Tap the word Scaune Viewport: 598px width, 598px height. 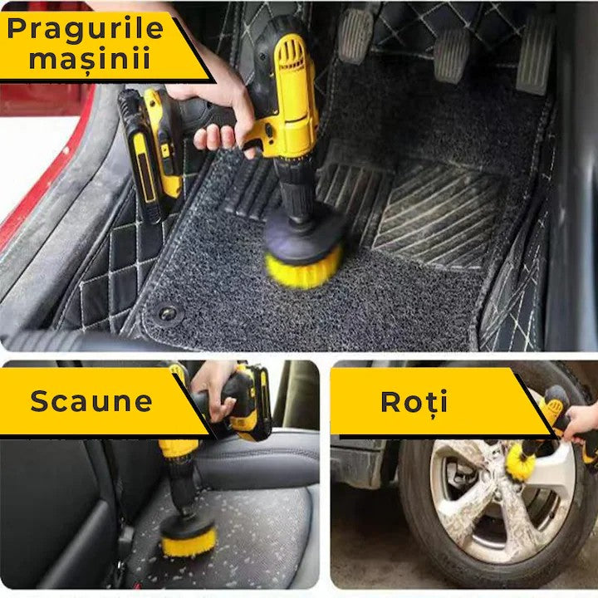91,401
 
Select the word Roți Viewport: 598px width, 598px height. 414,401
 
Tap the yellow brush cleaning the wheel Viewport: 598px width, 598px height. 522,462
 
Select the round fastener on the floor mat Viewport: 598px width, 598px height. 169,313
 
